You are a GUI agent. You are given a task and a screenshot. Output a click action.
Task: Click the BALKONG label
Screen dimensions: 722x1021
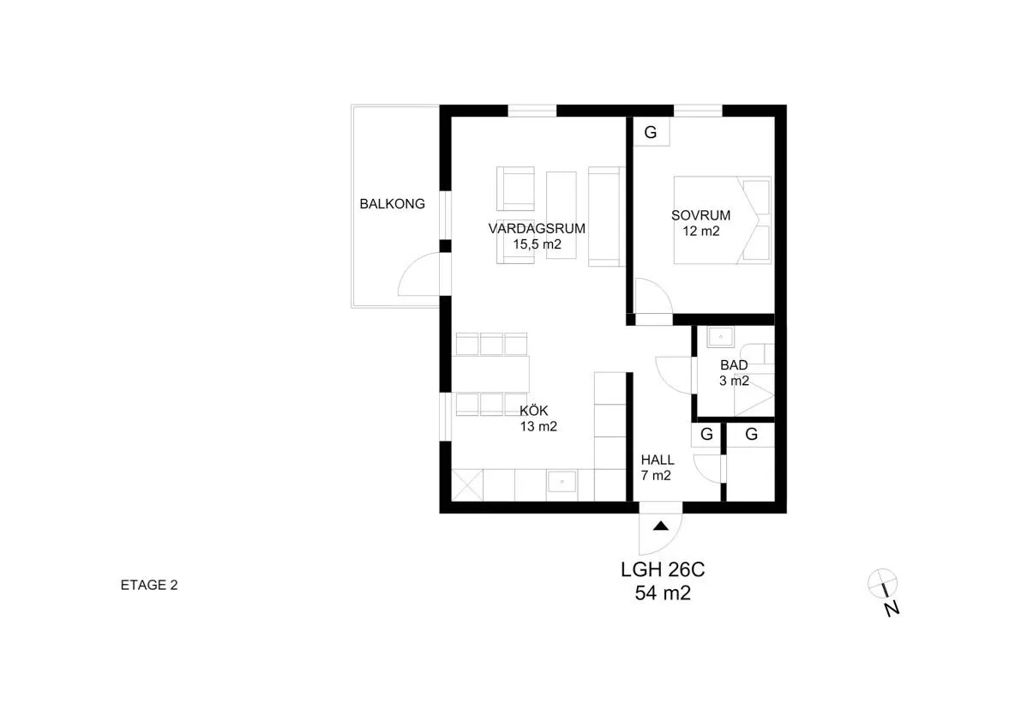[392, 204]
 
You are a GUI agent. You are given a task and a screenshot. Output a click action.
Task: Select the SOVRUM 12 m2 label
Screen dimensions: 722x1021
[700, 223]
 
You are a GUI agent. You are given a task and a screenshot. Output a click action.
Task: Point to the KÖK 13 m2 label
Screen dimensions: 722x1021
[538, 418]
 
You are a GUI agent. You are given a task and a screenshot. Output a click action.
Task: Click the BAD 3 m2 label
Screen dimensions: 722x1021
[734, 373]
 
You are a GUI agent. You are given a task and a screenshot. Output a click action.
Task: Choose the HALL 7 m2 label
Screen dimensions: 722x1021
[657, 467]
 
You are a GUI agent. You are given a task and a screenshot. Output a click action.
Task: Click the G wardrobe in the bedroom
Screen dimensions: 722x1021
[651, 133]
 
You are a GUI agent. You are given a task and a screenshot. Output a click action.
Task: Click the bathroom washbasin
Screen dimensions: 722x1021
[719, 337]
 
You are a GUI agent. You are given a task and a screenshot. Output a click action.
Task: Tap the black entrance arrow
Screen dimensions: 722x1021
[660, 526]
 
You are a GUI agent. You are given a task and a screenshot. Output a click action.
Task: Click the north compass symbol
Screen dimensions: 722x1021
[882, 583]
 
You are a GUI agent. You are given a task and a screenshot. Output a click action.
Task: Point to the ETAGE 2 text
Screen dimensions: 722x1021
[149, 587]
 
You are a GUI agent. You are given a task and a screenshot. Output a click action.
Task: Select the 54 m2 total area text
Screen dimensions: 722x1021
[662, 593]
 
